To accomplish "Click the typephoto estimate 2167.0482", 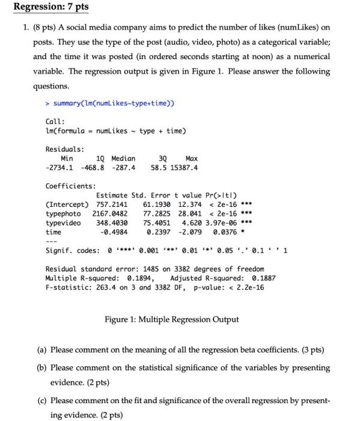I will tap(109, 215).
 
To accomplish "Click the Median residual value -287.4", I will tap(123, 167).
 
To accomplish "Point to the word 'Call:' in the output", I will tap(56, 120).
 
